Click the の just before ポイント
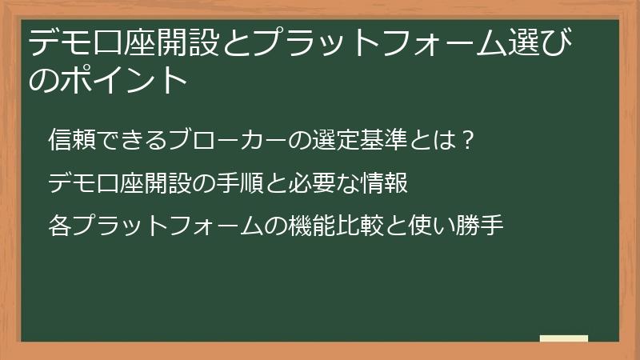point(44,80)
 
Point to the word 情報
point(390,184)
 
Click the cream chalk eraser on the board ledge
point(564,339)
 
